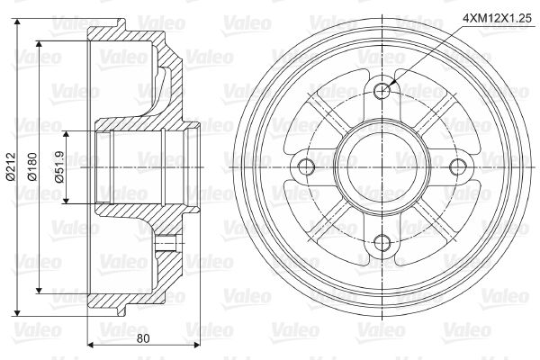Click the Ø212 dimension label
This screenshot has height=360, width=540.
pos(11,167)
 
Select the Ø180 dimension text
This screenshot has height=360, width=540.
pos(32,167)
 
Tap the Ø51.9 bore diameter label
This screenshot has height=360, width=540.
pos(59,167)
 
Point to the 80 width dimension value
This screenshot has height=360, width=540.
pos(143,338)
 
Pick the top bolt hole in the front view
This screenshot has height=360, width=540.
pos(382,91)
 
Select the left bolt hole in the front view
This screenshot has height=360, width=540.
pos(306,167)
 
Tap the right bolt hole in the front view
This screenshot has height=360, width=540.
pos(459,167)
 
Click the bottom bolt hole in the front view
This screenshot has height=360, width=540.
pos(382,243)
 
